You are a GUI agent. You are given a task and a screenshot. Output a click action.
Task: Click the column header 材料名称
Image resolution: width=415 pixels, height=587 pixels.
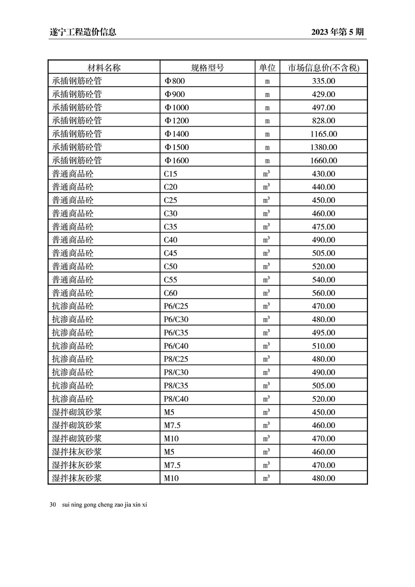pos(104,68)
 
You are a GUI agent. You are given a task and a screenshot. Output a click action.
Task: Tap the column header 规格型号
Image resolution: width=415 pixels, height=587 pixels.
pos(207,68)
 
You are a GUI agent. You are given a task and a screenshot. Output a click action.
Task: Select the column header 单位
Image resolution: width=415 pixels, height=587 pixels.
pos(267,68)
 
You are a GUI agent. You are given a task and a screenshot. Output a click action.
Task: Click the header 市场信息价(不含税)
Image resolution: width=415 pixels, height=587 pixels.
pos(323,68)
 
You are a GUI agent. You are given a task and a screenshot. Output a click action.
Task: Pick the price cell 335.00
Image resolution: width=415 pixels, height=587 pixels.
pos(323,81)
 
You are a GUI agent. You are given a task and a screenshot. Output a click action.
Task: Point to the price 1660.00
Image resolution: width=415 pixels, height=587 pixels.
pos(323,161)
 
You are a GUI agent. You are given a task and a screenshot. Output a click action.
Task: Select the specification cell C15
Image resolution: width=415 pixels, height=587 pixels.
pos(171,174)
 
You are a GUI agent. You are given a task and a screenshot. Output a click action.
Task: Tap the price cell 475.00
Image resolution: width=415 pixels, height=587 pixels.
pos(323,227)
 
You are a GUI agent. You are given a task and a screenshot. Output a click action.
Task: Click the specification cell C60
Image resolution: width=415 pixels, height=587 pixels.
pos(171,293)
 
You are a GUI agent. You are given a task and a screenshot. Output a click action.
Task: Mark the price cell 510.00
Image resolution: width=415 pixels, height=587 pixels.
pos(323,346)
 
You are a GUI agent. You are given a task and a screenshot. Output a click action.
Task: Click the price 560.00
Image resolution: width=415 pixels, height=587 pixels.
pos(323,293)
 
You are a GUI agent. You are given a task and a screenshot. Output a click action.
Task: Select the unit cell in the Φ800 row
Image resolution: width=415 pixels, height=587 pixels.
pos(267,81)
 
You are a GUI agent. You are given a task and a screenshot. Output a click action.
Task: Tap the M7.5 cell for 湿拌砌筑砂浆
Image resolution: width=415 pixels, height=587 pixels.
pos(172,425)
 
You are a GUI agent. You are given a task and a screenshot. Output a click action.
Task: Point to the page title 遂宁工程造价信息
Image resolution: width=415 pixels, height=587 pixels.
pos(80,32)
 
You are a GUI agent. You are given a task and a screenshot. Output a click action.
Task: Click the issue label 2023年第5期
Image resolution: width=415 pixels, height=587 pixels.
pos(337,32)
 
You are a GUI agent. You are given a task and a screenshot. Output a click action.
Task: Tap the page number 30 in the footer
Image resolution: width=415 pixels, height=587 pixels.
pos(53,505)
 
